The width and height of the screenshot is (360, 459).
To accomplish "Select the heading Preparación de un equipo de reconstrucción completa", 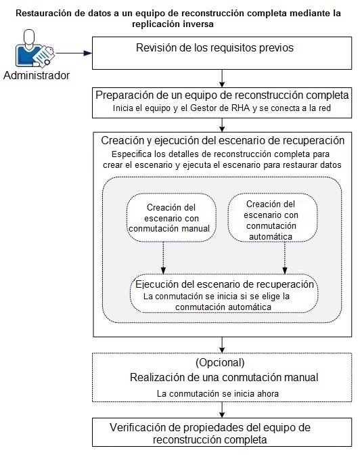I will click(223, 95).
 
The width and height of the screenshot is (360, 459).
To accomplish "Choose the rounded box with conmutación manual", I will click(171, 217).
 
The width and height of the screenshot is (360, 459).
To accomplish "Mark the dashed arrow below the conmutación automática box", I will click(285, 256).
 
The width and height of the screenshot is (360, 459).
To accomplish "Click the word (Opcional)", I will click(219, 362).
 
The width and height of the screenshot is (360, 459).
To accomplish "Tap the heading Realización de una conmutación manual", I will click(223, 377).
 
